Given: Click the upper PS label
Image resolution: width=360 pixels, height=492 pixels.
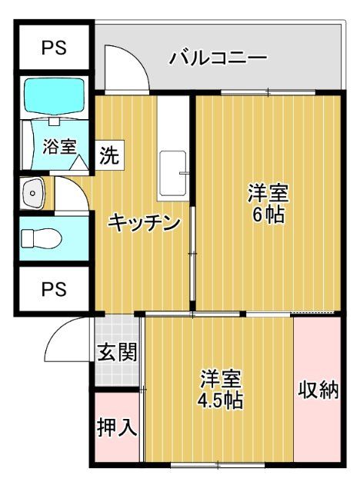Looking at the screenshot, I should (x=53, y=48).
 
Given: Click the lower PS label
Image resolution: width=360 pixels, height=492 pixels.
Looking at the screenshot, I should (x=53, y=290).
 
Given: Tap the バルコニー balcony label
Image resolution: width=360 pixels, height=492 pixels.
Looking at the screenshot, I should (x=218, y=58).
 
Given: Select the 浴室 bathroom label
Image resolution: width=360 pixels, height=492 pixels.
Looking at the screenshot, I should (x=59, y=145).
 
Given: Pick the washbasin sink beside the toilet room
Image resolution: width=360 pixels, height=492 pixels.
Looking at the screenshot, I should (x=33, y=194).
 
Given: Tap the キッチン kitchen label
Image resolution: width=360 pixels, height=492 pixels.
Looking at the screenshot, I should (x=144, y=223).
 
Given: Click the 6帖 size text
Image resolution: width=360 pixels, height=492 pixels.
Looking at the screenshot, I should (x=267, y=214).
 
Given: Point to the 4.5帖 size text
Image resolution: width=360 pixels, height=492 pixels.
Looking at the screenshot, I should (x=220, y=401).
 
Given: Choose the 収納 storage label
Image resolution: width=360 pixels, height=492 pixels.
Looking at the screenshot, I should (x=318, y=391).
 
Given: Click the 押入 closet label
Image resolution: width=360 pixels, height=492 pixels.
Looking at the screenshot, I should (x=117, y=427).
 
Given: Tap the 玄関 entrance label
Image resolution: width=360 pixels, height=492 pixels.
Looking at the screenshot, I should (x=117, y=353).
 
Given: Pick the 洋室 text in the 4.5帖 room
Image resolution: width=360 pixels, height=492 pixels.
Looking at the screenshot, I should (x=221, y=379).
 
